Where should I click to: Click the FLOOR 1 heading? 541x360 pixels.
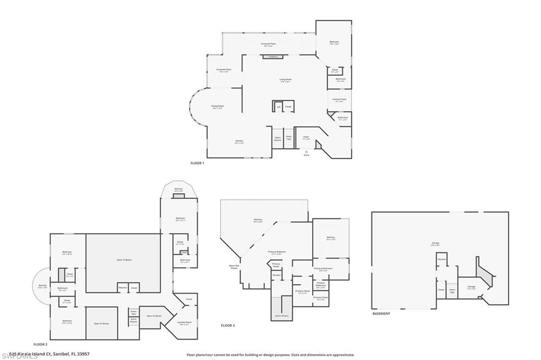(197, 163)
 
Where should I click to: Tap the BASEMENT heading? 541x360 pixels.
(381, 314)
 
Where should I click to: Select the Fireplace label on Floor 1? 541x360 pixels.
(273, 56)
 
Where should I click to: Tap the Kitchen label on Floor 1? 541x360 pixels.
(225, 141)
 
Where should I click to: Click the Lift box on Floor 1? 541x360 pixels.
(278, 107)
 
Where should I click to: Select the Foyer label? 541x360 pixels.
(306, 137)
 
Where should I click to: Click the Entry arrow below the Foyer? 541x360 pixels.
(306, 151)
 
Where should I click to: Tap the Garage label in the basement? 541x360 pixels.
(435, 243)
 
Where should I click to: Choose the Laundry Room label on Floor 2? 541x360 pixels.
(185, 323)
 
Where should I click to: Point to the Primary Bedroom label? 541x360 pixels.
(277, 252)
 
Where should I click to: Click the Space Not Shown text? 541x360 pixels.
(234, 267)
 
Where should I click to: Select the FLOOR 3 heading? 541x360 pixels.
(227, 326)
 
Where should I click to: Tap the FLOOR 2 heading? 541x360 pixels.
(40, 344)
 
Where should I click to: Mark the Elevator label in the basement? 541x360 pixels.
(442, 259)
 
